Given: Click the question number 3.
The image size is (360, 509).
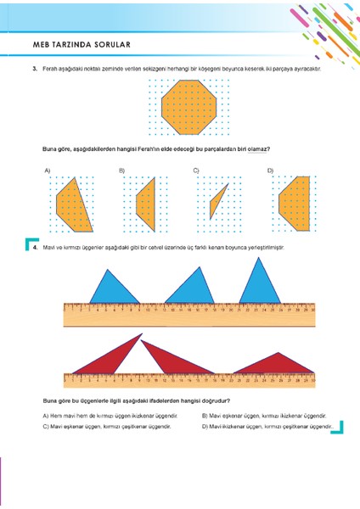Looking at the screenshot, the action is point(35,67).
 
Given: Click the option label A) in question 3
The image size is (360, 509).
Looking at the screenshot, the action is point(48,171).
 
